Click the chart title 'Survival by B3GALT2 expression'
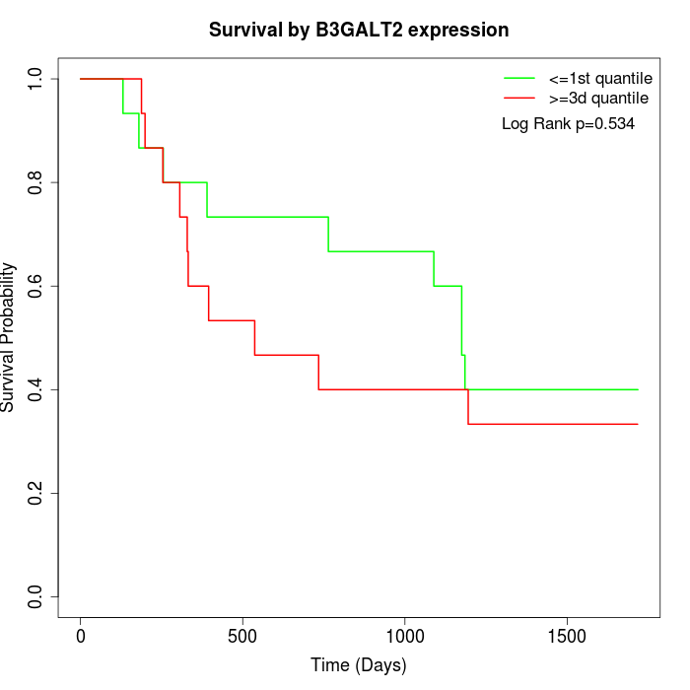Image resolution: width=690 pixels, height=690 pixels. click(359, 31)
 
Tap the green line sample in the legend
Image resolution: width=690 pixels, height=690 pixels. click(518, 78)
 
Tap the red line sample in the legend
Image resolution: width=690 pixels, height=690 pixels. click(518, 99)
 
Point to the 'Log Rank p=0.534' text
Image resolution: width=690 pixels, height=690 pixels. click(568, 124)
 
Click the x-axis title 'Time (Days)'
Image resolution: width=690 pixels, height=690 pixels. click(359, 665)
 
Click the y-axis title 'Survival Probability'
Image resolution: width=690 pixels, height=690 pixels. click(9, 337)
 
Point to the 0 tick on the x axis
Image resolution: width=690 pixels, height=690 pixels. click(81, 636)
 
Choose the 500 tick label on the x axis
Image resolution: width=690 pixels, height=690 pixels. click(242, 636)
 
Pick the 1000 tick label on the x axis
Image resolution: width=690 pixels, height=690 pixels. click(405, 636)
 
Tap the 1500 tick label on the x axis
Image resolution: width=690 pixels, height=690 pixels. click(567, 636)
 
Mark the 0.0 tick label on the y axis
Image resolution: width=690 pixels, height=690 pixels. click(36, 596)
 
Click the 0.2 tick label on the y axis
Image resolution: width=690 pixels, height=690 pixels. click(36, 493)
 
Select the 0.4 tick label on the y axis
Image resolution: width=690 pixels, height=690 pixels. click(36, 389)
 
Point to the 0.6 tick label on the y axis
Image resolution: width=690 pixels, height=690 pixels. click(36, 286)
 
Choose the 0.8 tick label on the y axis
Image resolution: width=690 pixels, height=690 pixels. click(36, 182)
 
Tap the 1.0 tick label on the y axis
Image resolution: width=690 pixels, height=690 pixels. click(36, 79)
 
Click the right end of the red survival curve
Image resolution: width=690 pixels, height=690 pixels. click(638, 424)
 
